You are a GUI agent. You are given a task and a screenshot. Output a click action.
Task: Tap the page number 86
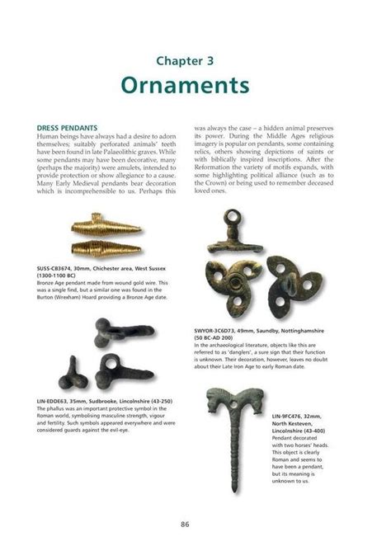[x=195, y=524]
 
